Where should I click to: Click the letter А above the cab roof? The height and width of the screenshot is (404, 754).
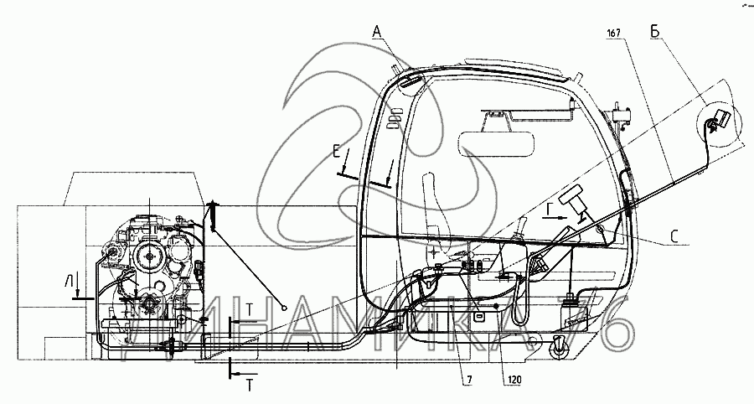tap(378, 32)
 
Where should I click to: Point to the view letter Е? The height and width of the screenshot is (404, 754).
tap(336, 152)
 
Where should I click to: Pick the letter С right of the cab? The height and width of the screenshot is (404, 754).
tap(674, 237)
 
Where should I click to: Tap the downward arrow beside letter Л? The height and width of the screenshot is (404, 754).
tap(77, 290)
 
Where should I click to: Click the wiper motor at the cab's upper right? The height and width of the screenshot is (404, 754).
tap(621, 111)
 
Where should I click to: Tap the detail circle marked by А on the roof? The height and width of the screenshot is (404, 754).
tap(412, 82)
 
